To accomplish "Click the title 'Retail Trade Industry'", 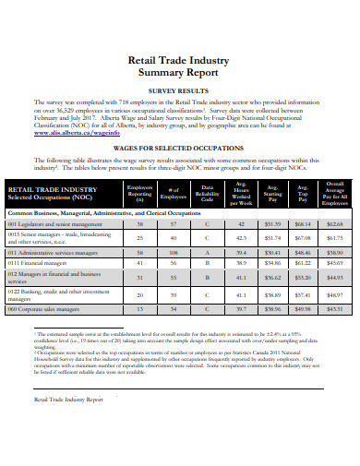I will tap(181, 59).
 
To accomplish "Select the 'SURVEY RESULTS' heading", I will tap(181, 91).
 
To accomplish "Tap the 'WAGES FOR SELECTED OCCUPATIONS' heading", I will tap(181, 147).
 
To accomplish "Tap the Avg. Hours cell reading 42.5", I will tap(241, 238).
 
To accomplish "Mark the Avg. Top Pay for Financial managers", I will tap(303, 263).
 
